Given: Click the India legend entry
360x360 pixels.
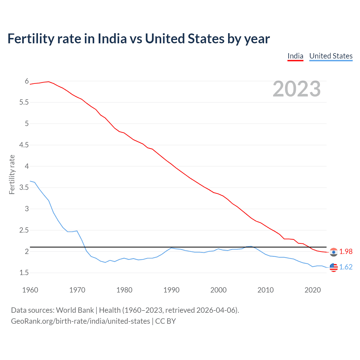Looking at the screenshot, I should tap(295, 56).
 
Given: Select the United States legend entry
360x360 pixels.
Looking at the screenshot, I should tap(331, 56).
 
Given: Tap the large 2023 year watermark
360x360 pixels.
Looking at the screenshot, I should tap(297, 89).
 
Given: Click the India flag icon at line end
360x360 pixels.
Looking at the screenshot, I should tap(334, 252).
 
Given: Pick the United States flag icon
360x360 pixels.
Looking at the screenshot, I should tap(334, 267).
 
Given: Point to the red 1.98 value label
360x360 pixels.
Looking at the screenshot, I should tap(346, 252).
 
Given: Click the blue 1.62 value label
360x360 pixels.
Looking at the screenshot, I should tap(346, 267).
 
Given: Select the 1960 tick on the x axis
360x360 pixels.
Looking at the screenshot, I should tap(30, 290).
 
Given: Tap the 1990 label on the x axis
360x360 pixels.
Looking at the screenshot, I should tap(171, 290).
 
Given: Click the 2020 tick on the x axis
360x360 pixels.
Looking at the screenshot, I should tap(312, 290).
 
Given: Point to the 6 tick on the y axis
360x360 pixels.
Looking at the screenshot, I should tap(27, 81).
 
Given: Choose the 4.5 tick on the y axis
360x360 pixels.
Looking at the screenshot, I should tap(24, 145).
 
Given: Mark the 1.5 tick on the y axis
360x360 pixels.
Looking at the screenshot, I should tap(24, 273).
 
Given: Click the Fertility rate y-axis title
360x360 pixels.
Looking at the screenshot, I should tap(12, 174).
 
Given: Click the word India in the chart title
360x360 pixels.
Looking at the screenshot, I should tap(112, 39).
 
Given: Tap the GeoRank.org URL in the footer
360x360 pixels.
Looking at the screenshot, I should tap(80, 321).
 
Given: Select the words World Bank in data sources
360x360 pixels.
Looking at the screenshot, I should tap(75, 310).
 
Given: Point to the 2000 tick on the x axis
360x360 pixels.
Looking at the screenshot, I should tap(218, 290).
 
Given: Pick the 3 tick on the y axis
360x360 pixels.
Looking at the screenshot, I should tap(27, 209).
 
